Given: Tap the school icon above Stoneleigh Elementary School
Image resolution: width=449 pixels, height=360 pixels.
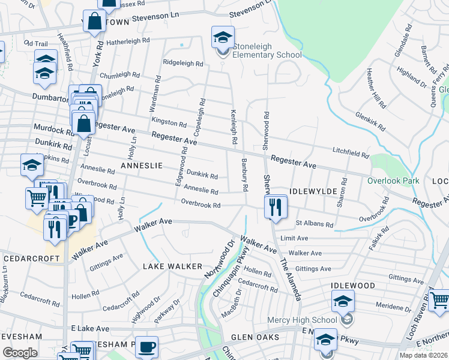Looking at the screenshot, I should click(x=223, y=37).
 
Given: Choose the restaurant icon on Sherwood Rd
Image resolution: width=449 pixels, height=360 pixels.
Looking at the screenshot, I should click(x=274, y=208).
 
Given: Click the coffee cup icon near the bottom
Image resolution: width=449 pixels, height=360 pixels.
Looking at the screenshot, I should click(x=146, y=347).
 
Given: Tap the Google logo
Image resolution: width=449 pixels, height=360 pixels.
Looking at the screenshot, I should click(x=19, y=353).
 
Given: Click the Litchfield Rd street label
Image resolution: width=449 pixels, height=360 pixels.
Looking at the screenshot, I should click(x=350, y=152).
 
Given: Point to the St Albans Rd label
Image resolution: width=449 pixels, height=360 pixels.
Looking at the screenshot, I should click(x=314, y=224).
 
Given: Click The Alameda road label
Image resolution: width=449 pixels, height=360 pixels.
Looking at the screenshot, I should click(x=292, y=279).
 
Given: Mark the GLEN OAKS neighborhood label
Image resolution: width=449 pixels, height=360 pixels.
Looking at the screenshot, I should click(x=255, y=337).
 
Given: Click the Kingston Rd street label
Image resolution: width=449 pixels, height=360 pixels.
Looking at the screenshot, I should click(x=169, y=122).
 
